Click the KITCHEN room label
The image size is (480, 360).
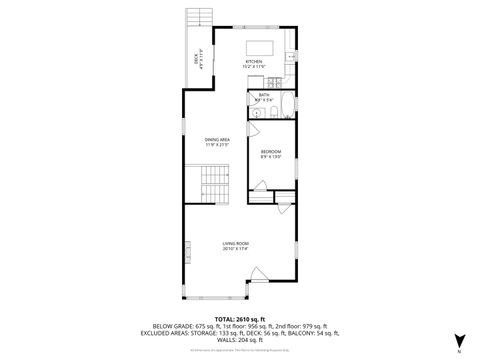coord(254,62)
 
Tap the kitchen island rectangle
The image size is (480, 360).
coord(261,46)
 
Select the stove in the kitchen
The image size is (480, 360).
coord(289,58)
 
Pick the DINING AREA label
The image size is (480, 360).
coord(217,140)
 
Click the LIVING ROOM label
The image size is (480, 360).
coord(235,243)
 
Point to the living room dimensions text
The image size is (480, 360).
coord(235,249)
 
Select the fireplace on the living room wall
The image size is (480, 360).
coord(183,253)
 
